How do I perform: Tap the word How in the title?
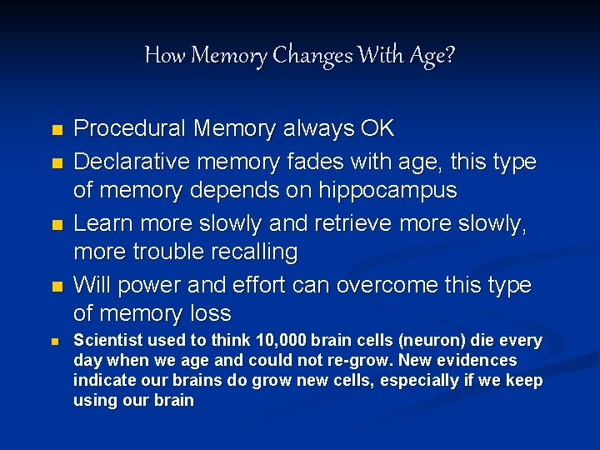(164, 56)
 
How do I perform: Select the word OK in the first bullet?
(377, 129)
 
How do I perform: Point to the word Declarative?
(129, 161)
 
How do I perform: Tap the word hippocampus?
(388, 190)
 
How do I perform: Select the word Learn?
(102, 223)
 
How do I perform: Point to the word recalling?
(258, 252)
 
